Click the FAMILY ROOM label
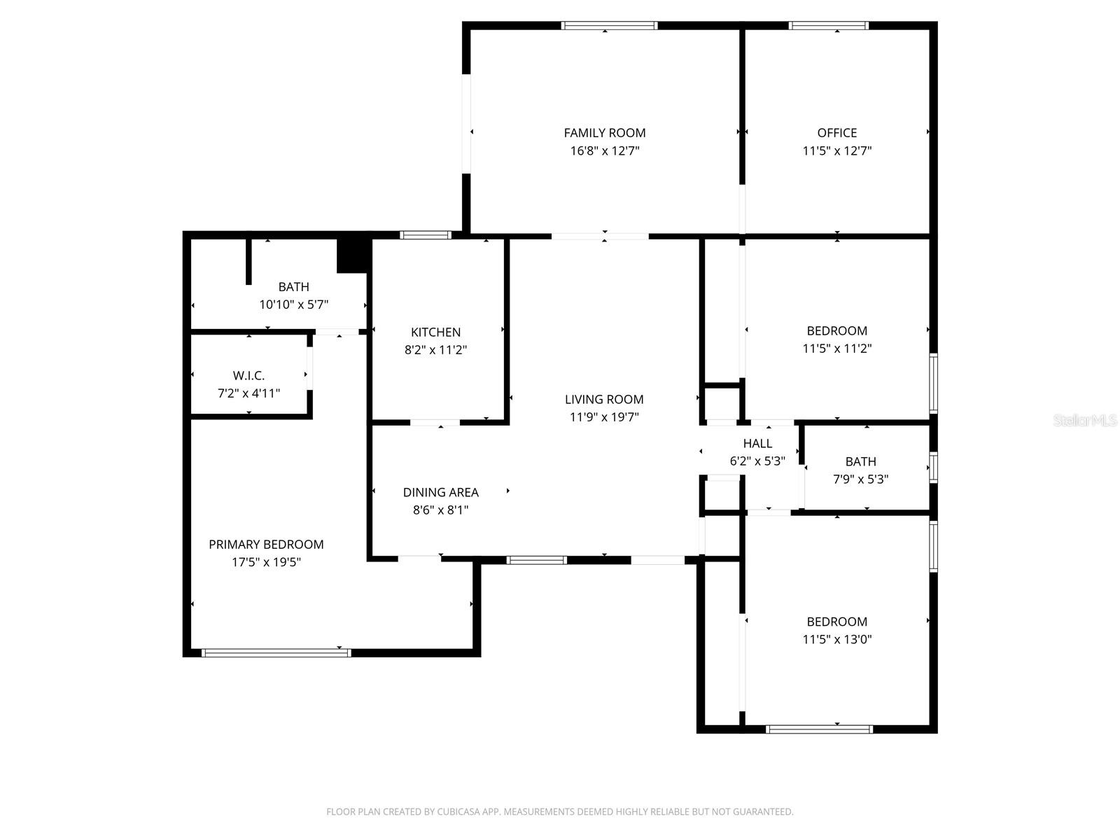605,133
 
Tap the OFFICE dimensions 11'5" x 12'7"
836,150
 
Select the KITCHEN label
435,332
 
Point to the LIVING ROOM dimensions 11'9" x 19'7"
604,417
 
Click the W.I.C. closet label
248,376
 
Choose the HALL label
757,444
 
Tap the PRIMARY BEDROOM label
266,545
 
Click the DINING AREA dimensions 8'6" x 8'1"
440,510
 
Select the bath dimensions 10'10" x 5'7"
293,304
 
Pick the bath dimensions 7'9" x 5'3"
860,479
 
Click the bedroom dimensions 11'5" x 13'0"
836,639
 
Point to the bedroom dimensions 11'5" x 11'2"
836,349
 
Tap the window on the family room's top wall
609,26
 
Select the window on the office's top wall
829,26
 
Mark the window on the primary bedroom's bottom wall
276,652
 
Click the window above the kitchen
426,235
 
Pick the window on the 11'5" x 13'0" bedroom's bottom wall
819,729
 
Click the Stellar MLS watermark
1084,421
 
